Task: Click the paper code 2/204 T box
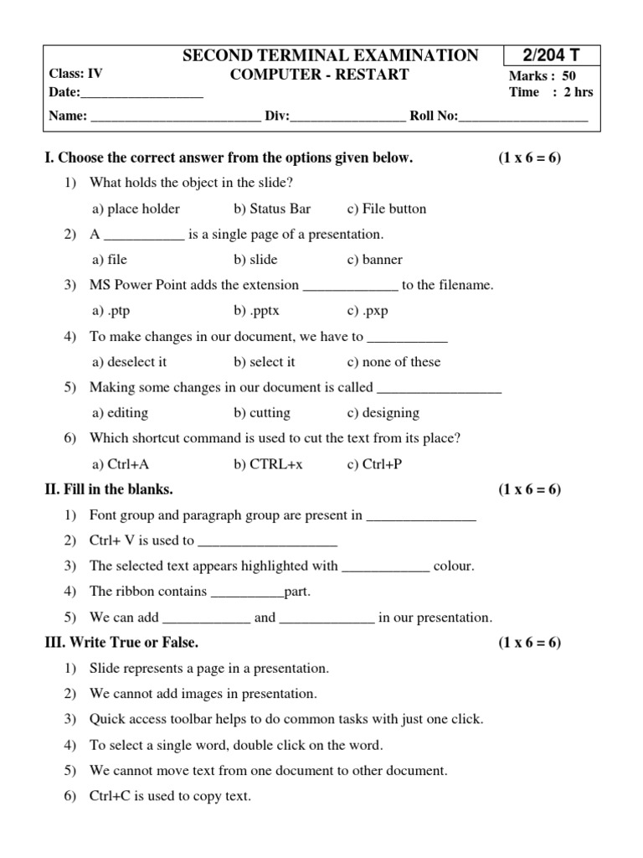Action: (551, 56)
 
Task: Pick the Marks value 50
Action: (569, 75)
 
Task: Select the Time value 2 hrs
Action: (578, 92)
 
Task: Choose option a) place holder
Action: (136, 209)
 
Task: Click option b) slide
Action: (255, 260)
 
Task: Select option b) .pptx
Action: (256, 311)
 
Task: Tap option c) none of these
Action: (393, 362)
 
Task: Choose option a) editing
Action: (121, 413)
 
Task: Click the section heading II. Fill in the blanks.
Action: (109, 489)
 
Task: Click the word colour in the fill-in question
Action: (453, 566)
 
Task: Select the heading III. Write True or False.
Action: (121, 643)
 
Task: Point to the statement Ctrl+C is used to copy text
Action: (170, 796)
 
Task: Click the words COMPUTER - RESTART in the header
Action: (319, 75)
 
